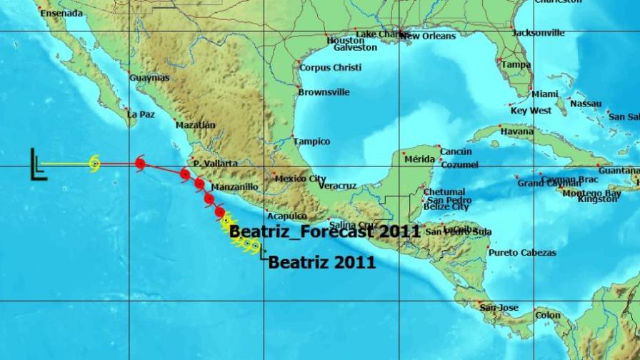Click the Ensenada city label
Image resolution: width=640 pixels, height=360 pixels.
(x=61, y=13)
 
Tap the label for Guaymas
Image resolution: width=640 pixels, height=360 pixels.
(x=150, y=77)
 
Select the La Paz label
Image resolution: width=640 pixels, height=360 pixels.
(x=141, y=114)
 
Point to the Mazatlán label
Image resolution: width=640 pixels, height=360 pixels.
(x=195, y=125)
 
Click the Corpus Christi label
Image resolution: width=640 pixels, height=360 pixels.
(x=330, y=68)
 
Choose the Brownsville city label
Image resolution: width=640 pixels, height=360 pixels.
(x=324, y=92)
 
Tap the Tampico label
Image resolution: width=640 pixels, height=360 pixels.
(x=311, y=141)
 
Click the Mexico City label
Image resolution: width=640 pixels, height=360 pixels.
(x=301, y=179)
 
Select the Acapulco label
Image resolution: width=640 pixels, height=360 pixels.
(x=286, y=216)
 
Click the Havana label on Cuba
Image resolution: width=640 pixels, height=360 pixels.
(x=517, y=131)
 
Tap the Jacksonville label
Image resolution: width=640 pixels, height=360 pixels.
(x=539, y=33)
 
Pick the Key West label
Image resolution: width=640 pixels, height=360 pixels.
(x=531, y=111)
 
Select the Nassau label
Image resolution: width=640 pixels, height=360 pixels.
(x=586, y=104)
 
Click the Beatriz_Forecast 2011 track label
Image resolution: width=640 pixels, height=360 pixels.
(x=324, y=231)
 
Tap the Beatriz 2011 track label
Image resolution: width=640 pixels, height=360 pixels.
(x=322, y=262)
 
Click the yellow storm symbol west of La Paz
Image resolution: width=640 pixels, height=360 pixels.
(x=94, y=164)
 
